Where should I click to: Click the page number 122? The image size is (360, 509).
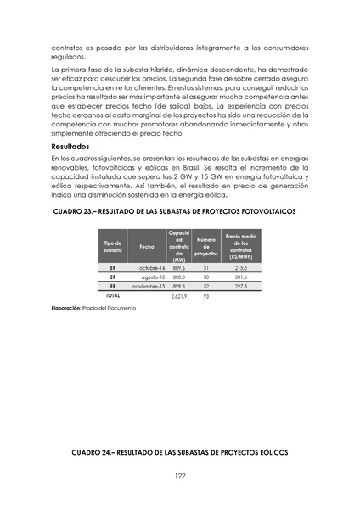point(180,475)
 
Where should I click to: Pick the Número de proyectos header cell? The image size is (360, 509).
point(206,247)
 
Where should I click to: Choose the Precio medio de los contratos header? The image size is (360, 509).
point(240,246)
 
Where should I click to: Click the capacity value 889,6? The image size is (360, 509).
point(178,267)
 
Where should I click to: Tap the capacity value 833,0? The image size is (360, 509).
point(178,277)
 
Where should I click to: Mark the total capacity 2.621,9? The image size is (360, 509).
point(178,296)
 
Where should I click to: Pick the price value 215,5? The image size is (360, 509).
point(240,267)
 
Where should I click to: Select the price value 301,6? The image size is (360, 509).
point(240,277)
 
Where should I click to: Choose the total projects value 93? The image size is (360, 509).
point(206,296)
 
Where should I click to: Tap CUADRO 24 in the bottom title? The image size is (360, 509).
point(93,453)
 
